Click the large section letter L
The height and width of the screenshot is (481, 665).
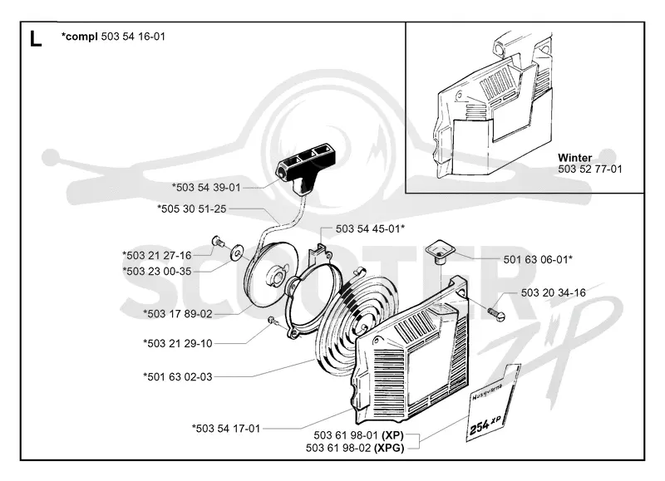tap(36, 38)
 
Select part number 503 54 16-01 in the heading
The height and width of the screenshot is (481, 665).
tap(133, 37)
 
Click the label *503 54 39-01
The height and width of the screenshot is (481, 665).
tap(206, 187)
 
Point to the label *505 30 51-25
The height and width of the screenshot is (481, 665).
tap(192, 209)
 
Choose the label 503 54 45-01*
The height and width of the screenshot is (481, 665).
tap(370, 228)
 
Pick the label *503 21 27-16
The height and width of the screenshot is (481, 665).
tap(157, 255)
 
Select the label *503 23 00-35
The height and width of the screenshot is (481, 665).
tap(157, 271)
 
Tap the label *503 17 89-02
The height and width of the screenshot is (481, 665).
tap(178, 314)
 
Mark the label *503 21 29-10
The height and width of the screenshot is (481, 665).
tap(178, 343)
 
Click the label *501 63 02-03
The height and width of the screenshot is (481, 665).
tap(178, 377)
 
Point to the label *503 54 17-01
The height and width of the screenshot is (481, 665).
tap(226, 429)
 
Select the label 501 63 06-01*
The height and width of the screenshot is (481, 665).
tap(538, 259)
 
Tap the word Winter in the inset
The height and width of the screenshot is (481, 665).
tap(574, 158)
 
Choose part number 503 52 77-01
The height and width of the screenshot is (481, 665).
tap(590, 169)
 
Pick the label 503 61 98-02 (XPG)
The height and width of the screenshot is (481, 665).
tap(355, 448)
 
